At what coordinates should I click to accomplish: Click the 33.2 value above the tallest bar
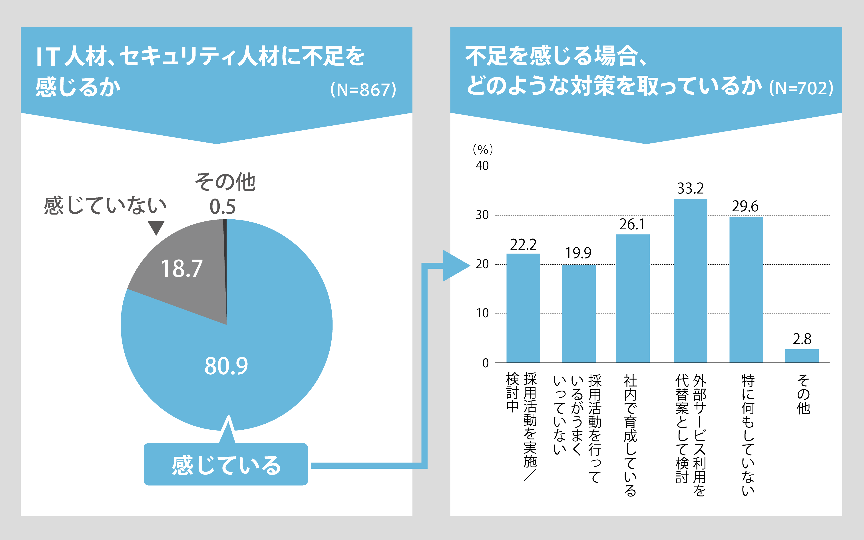pyautogui.click(x=690, y=189)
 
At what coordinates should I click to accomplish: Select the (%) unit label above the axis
pyautogui.click(x=483, y=149)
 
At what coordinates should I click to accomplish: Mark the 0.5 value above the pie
pyautogui.click(x=222, y=207)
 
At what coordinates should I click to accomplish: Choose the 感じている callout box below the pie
pyautogui.click(x=226, y=464)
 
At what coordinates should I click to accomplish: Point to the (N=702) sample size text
pyautogui.click(x=801, y=88)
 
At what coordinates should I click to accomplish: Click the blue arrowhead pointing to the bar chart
pyautogui.click(x=454, y=265)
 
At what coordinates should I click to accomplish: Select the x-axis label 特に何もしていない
pyautogui.click(x=748, y=435)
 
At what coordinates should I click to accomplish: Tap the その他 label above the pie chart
pyautogui.click(x=225, y=182)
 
